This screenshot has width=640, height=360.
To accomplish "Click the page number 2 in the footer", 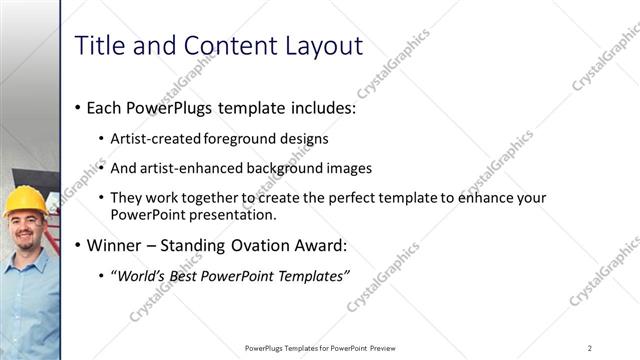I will [x=590, y=347].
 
